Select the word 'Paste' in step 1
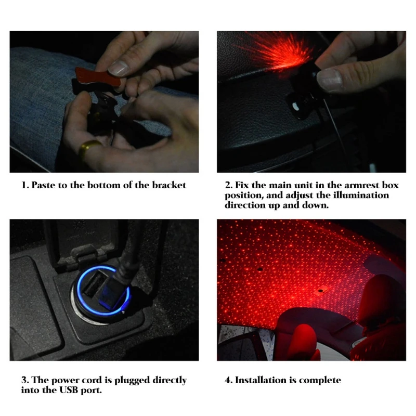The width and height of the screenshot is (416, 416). pos(44,185)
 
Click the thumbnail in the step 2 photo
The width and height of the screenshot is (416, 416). pos(330,80)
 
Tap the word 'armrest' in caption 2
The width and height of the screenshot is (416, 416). pos(361,185)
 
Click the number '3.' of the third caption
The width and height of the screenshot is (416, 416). pos(25,380)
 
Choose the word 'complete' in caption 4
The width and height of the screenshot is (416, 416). pos(320,381)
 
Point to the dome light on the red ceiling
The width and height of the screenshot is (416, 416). pos(321,291)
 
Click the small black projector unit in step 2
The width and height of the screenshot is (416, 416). pos(303,96)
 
